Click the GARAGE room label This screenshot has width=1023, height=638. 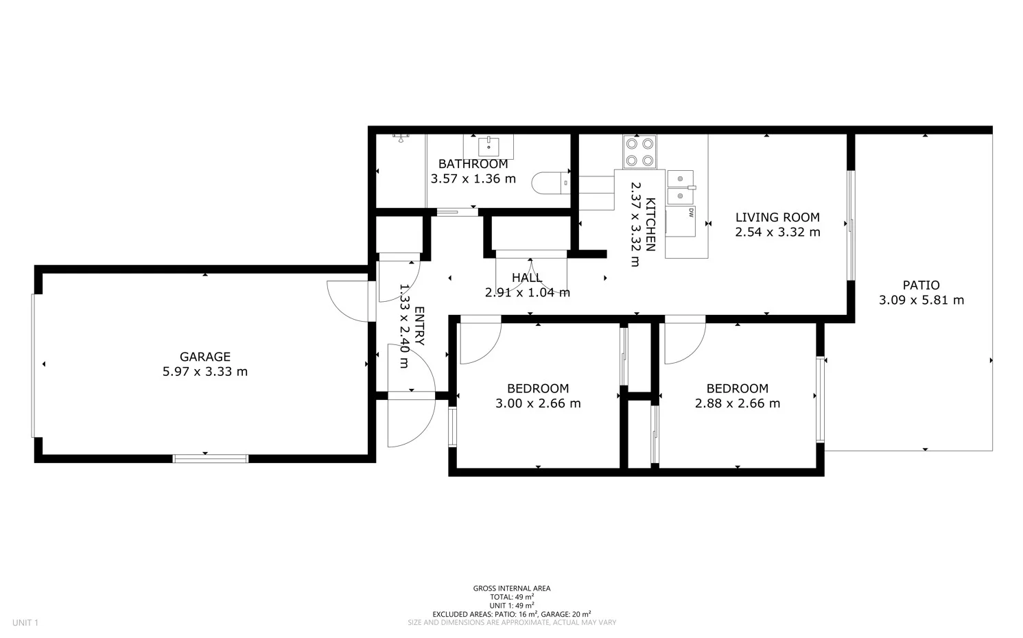tap(204, 357)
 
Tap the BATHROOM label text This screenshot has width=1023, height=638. tap(473, 164)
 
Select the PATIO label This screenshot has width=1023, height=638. tap(921, 285)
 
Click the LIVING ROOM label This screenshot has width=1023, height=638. tap(777, 217)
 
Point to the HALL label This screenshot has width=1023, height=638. tap(527, 278)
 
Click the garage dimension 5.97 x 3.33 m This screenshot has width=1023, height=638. tap(204, 372)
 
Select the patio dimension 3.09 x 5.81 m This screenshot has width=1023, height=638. tap(921, 300)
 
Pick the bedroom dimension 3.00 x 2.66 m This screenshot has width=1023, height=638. tap(538, 403)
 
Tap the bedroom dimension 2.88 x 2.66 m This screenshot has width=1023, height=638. tap(737, 403)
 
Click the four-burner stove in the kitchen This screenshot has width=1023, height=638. tap(639, 152)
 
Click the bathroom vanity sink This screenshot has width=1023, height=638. tap(489, 146)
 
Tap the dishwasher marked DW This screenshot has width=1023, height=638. tap(681, 222)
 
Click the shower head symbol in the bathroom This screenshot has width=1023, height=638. tap(401, 137)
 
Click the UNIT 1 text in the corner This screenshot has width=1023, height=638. tap(25, 623)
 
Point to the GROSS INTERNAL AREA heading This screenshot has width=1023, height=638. tap(511, 589)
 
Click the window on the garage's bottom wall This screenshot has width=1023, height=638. tap(210, 458)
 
